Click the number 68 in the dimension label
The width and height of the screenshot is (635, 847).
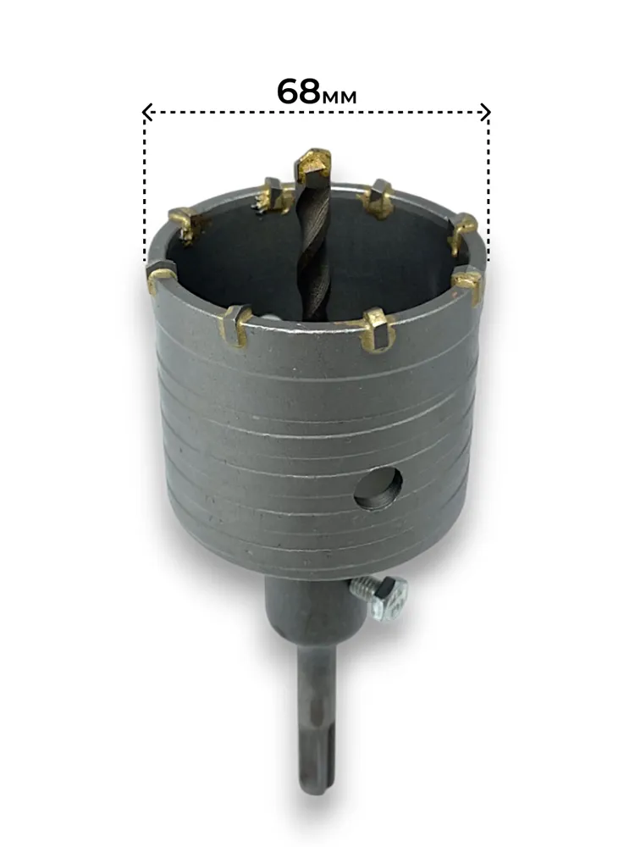[298, 91]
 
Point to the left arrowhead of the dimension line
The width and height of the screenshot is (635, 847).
[146, 112]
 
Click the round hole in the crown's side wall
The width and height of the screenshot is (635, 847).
[378, 489]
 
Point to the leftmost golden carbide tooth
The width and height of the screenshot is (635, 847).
[160, 276]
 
